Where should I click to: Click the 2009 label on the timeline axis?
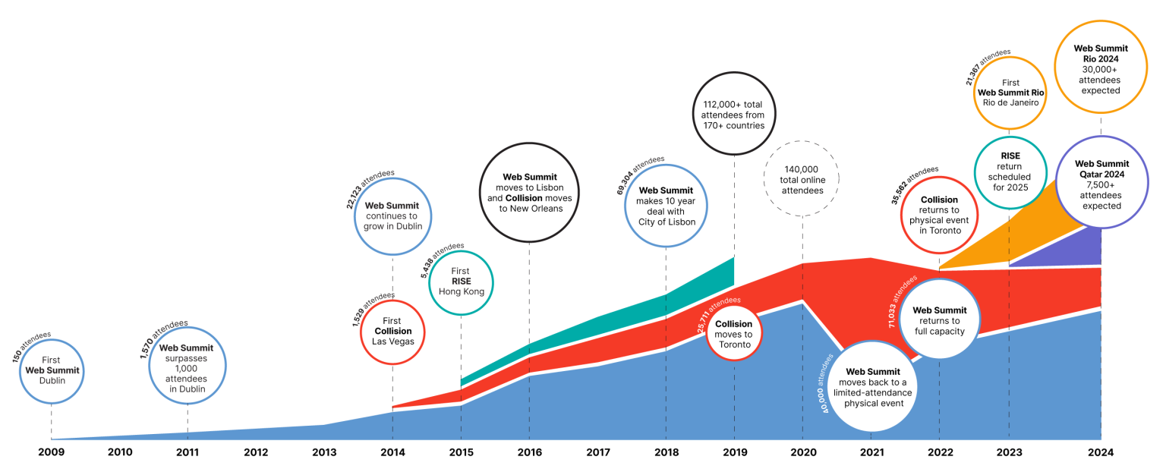click(x=51, y=452)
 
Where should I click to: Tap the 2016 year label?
click(x=529, y=452)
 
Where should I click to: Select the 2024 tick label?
click(x=1100, y=452)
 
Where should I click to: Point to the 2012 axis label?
click(x=256, y=452)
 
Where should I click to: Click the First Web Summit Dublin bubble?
click(x=52, y=370)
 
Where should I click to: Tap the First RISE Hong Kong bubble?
click(x=461, y=282)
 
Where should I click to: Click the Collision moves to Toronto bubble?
click(x=733, y=335)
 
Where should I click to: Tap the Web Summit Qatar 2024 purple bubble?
click(x=1101, y=182)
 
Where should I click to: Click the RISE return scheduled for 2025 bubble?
click(x=1010, y=172)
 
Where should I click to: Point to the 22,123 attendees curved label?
click(x=375, y=187)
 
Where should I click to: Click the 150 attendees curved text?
click(x=32, y=348)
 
